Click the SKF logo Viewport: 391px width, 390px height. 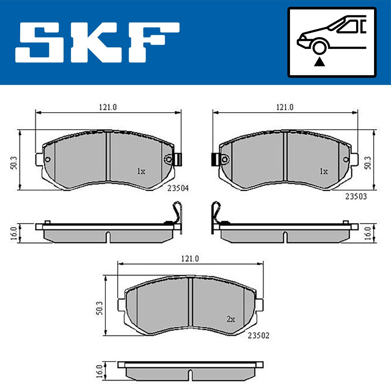pos(97,42)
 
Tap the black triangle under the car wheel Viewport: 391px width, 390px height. pos(319,62)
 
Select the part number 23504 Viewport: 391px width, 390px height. pos(178,188)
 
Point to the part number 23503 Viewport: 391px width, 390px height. pos(356,197)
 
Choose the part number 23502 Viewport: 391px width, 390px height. pos(258,336)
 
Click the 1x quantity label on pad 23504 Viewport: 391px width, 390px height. pos(141,172)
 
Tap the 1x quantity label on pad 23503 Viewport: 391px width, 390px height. pos(324,172)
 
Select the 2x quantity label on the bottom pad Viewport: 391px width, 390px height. pos(231,319)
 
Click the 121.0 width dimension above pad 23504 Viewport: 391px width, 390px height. pos(108,107)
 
